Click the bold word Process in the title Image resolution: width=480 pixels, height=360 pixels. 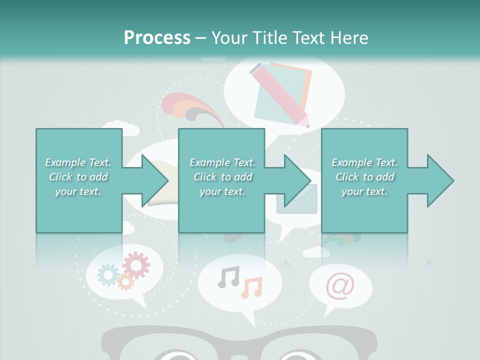click(157, 37)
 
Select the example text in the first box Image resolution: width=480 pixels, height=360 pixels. click(78, 177)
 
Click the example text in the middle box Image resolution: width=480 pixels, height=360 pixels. click(222, 177)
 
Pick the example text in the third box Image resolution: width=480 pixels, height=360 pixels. click(364, 177)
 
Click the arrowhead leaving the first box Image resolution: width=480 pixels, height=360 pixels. click(155, 180)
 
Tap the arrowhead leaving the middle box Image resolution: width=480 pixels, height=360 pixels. click(297, 180)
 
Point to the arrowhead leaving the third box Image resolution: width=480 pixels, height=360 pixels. click(440, 180)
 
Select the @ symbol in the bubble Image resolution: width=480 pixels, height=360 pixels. click(340, 286)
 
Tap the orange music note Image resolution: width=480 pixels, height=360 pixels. click(252, 287)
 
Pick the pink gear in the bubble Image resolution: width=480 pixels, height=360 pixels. click(136, 265)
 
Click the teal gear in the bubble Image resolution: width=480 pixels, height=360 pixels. click(108, 274)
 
